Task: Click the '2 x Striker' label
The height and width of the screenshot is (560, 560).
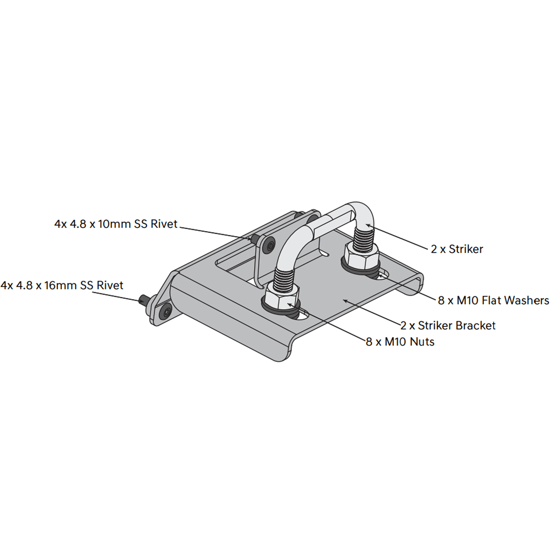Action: pos(456,249)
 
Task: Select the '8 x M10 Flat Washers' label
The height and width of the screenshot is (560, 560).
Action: pos(493,300)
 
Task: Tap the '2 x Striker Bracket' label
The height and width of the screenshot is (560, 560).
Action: pos(448,325)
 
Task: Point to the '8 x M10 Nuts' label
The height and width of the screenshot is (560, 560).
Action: pos(400,341)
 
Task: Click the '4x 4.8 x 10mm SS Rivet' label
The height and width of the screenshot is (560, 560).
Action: pos(116,224)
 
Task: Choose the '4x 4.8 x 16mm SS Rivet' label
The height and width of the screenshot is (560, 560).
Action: pos(62,285)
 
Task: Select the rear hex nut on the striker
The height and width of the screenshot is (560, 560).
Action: pos(361,254)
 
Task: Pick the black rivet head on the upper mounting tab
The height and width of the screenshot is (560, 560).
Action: pos(270,245)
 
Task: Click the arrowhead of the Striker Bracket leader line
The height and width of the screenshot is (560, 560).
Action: pos(345,300)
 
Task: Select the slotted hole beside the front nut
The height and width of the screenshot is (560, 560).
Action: pos(302,315)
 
